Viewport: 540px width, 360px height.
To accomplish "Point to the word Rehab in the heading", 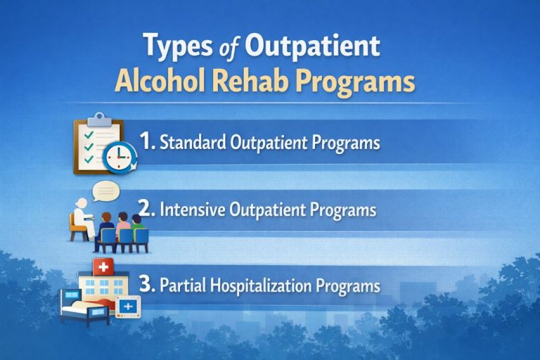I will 265,82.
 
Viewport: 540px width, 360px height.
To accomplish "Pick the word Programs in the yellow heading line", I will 361,83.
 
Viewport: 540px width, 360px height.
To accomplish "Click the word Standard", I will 192,142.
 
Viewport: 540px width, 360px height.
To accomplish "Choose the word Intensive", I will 191,210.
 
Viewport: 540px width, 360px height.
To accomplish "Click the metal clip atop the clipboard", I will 99,119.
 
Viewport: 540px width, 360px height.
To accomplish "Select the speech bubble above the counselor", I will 104,191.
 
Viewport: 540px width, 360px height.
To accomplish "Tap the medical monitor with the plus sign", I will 127,307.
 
